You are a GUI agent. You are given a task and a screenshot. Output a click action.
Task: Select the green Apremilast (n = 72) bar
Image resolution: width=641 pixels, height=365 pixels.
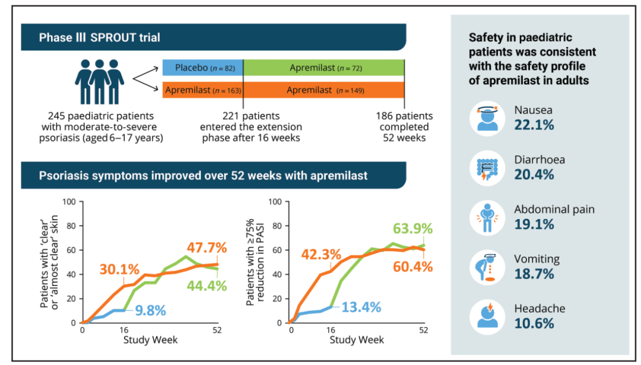pos(324,68)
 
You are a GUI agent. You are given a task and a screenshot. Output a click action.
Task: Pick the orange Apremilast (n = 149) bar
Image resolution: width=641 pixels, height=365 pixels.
pos(324,90)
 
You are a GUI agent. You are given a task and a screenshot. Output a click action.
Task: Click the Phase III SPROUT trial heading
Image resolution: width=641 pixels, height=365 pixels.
pos(99,37)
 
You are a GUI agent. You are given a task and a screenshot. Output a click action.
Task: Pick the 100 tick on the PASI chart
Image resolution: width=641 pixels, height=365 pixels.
pos(275,202)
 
